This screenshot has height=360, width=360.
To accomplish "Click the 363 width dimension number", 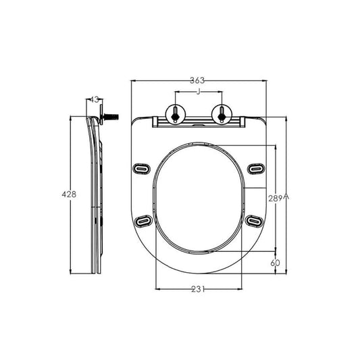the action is tap(197, 80).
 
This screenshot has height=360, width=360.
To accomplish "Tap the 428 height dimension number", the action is tap(69, 195).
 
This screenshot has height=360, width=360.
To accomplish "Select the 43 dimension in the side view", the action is tap(94, 100).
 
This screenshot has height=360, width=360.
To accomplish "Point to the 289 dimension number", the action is tap(276, 199).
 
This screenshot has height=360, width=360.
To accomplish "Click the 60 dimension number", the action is tap(275, 263).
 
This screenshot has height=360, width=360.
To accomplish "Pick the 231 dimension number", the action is tap(198, 289).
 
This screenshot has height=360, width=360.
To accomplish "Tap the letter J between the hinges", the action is tap(199, 92).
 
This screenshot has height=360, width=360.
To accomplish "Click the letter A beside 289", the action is tap(286, 197).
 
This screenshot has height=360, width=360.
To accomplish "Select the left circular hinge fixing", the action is tap(176, 114).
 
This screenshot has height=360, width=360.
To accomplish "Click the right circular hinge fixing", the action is tap(222, 114).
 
